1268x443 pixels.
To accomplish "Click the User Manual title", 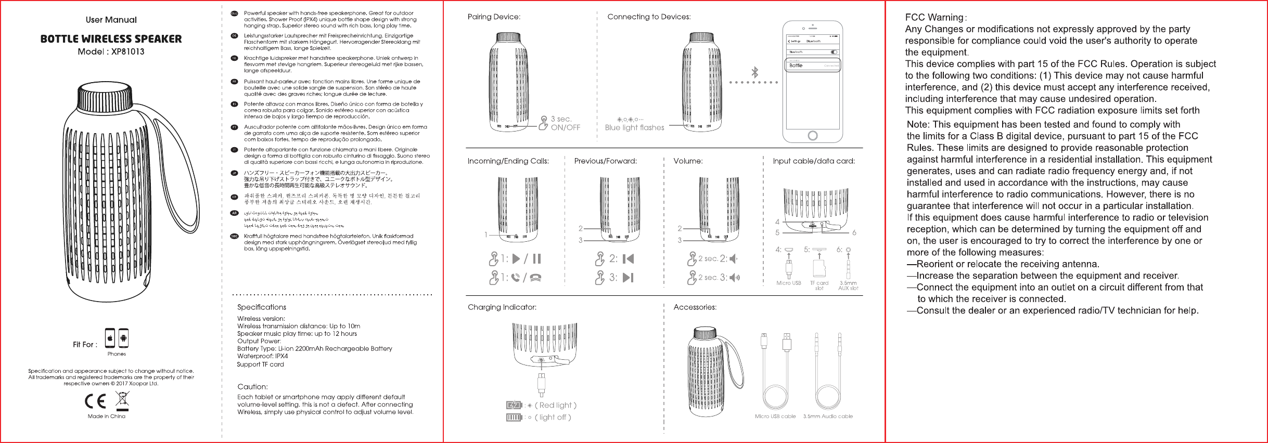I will click(x=111, y=20).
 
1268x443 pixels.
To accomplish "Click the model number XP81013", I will click(x=127, y=51).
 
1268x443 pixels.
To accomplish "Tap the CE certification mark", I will click(x=95, y=401).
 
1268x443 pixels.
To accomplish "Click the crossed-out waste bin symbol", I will click(x=123, y=399).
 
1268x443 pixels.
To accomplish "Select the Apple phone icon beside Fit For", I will click(x=110, y=338).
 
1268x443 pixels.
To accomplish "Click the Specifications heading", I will click(x=262, y=307).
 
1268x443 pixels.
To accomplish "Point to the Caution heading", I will click(x=252, y=387).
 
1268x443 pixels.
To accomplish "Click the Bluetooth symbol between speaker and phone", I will click(x=754, y=72).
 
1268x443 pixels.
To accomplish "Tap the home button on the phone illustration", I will click(x=812, y=136).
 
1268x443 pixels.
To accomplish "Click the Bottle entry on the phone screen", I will click(x=796, y=66).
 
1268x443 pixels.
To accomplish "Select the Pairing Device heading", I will click(x=494, y=17).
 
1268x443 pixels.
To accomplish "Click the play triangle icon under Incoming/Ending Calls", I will click(x=516, y=258).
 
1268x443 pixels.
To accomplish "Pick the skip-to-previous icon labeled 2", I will click(x=629, y=259).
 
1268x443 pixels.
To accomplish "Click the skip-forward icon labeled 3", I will click(x=629, y=278).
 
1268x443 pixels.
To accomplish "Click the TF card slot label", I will click(x=819, y=285).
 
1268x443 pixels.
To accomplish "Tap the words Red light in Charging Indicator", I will click(x=556, y=405).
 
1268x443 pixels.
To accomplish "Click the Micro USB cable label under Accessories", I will click(x=775, y=416).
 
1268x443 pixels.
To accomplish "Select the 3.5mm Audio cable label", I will click(x=828, y=416).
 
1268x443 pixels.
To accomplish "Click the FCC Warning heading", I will click(x=934, y=18).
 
